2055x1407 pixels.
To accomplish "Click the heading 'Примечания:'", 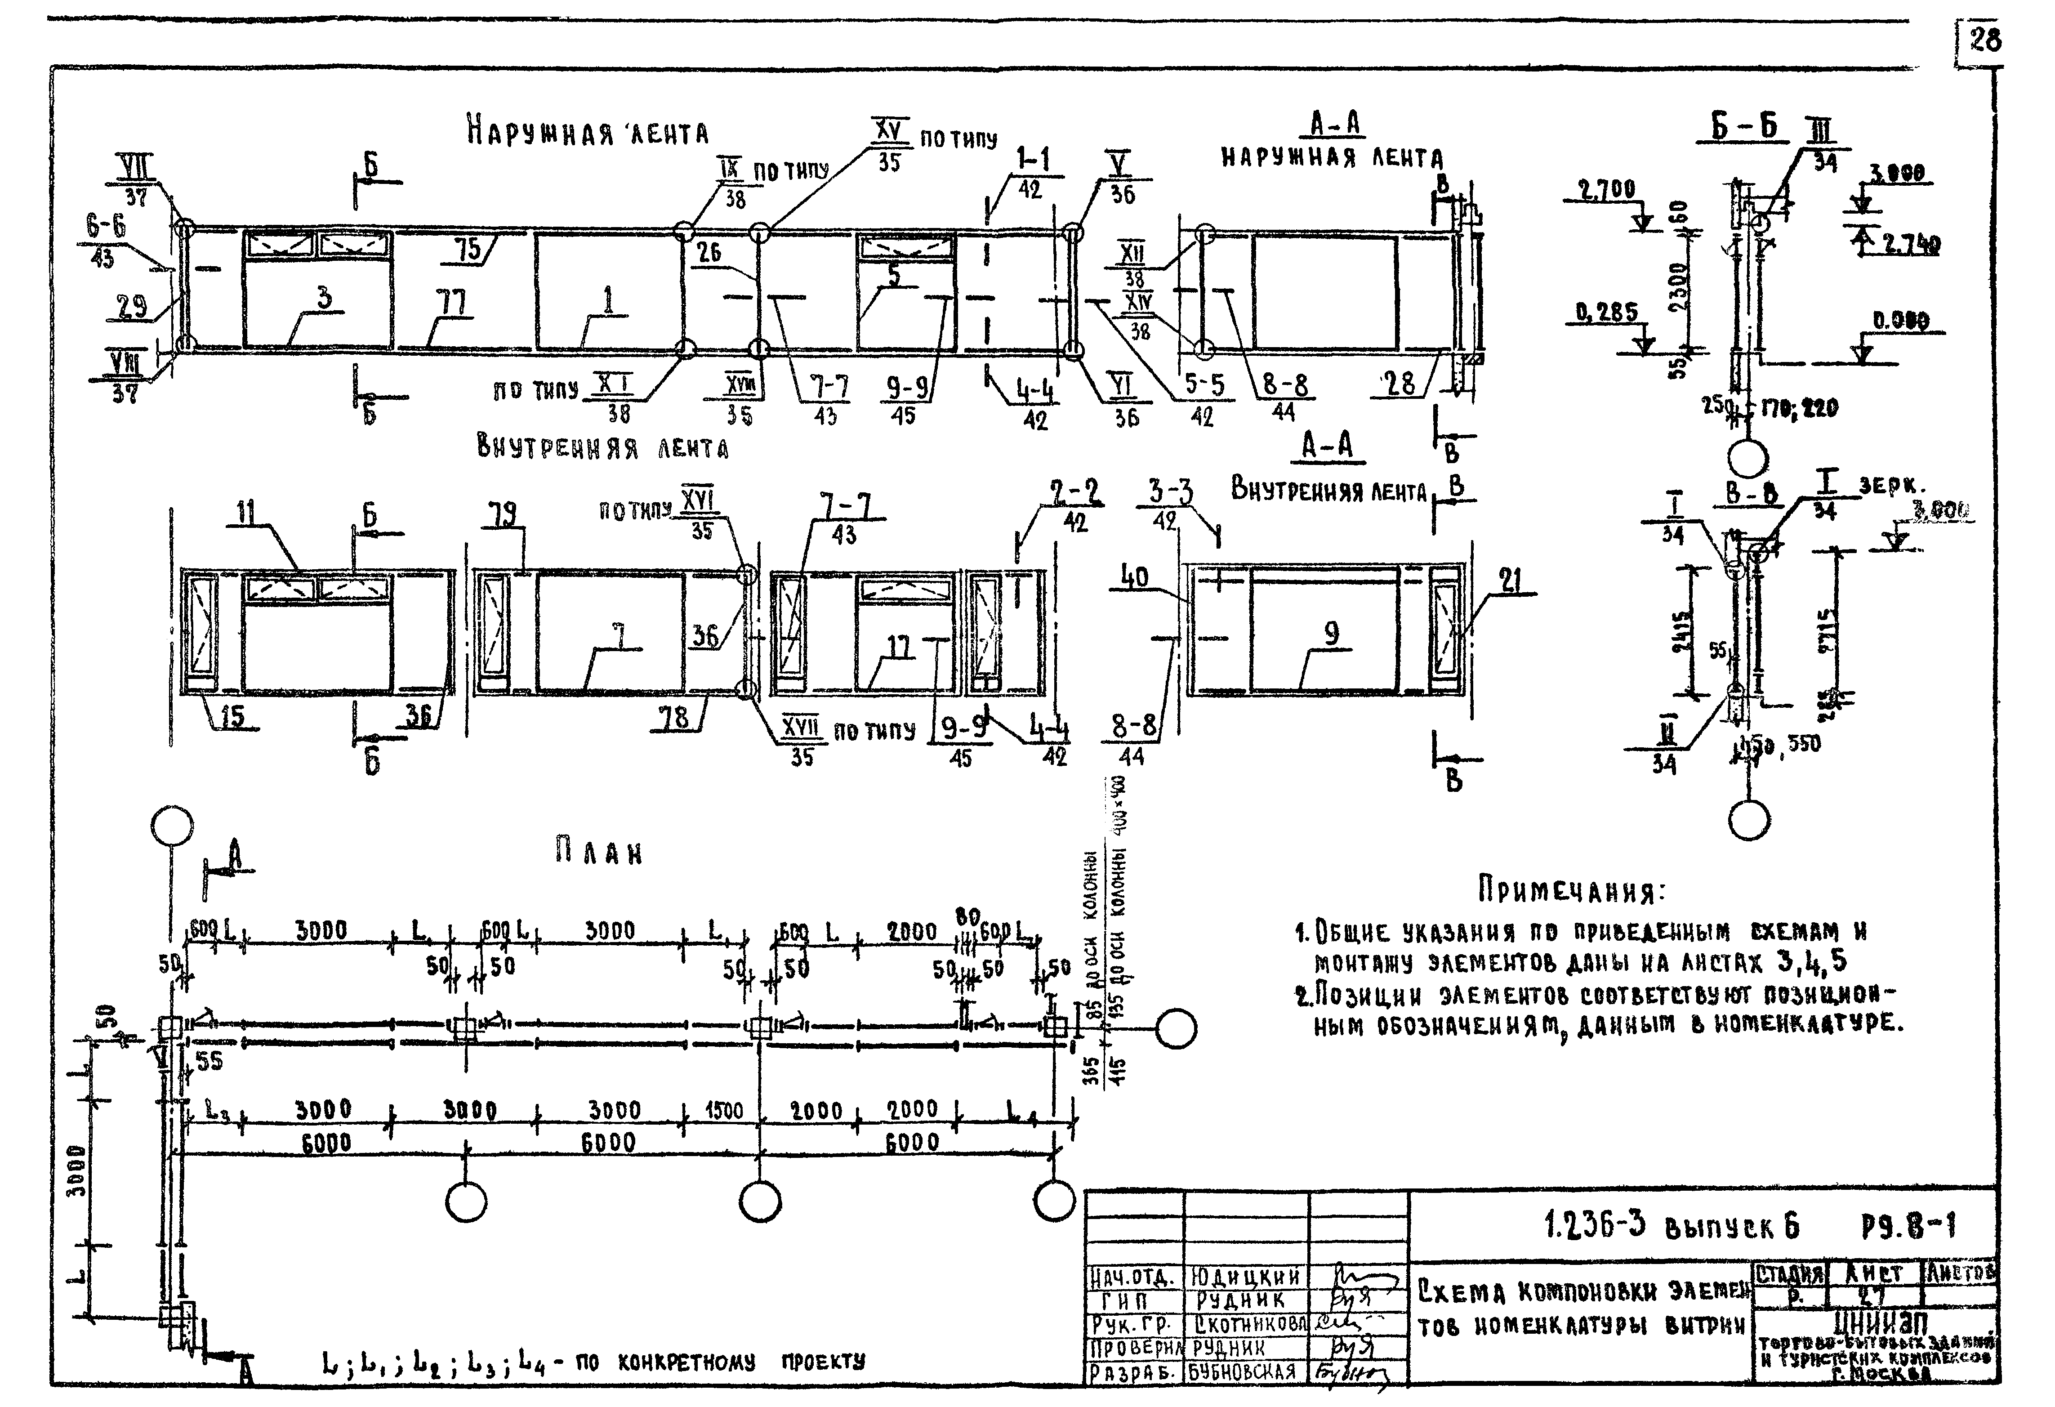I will tap(1570, 890).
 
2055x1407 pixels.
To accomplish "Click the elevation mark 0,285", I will tap(1606, 312).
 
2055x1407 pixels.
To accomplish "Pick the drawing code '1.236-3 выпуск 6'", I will tap(1671, 1226).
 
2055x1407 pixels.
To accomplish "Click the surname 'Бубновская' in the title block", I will tap(1242, 1371).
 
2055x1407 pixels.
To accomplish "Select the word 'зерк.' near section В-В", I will tap(1890, 487).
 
